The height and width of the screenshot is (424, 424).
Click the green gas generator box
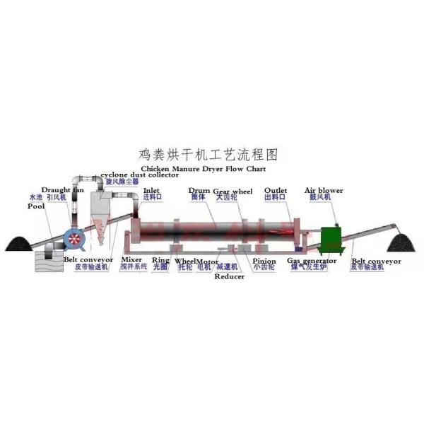(329, 240)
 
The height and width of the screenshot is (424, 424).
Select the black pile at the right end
(404, 245)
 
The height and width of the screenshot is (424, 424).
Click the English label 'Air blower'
(324, 191)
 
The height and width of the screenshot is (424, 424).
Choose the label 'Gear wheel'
(234, 191)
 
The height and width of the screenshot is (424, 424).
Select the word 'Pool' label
(35, 206)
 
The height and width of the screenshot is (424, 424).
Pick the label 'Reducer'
(230, 276)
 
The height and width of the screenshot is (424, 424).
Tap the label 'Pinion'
(264, 261)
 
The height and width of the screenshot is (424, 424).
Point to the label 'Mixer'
(131, 260)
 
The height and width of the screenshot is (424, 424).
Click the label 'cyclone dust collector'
(139, 175)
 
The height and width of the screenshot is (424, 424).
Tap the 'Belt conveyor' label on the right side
(376, 261)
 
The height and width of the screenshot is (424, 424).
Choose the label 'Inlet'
(152, 190)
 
